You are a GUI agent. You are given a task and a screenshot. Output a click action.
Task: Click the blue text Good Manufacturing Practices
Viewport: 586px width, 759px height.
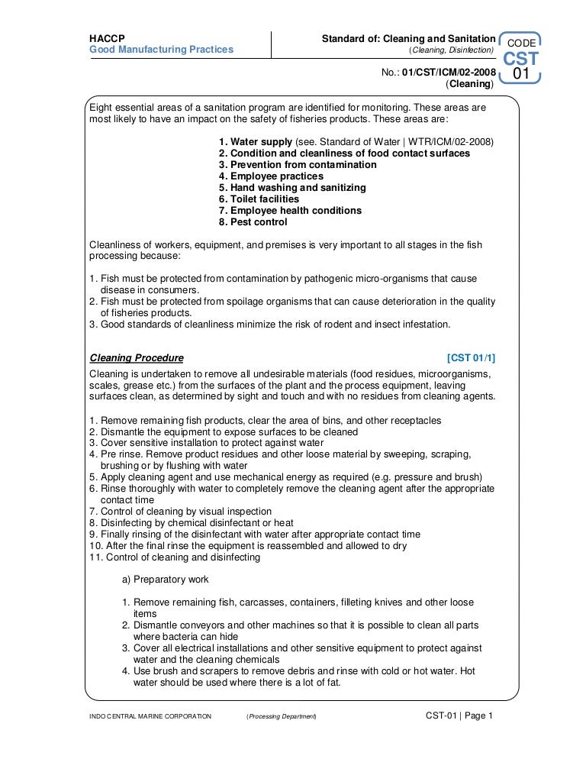(161, 50)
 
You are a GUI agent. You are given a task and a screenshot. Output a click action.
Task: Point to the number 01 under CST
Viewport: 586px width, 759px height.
(521, 74)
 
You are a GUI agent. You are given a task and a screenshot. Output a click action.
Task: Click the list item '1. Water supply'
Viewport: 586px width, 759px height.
(256, 142)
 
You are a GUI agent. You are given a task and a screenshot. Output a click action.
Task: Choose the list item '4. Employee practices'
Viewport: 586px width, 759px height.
(271, 176)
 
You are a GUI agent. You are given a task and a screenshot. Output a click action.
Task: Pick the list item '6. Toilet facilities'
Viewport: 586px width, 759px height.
(259, 199)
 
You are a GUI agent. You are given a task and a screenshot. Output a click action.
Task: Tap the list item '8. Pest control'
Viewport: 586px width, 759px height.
(253, 222)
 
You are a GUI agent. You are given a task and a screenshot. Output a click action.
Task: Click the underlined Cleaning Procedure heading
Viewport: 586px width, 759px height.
(137, 357)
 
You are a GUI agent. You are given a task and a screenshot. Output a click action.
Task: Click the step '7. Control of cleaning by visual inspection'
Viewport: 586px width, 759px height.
(180, 512)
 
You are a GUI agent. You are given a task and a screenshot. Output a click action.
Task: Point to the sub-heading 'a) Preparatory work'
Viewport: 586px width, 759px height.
(165, 580)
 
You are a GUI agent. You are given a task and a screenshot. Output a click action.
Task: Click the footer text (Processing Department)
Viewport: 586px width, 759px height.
(281, 716)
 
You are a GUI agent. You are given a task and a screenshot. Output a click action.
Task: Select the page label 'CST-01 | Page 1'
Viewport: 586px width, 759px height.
(459, 715)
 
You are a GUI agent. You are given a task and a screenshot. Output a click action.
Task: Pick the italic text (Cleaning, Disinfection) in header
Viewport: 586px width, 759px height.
(452, 50)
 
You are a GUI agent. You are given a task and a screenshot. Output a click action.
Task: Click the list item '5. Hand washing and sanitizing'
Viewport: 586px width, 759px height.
(292, 188)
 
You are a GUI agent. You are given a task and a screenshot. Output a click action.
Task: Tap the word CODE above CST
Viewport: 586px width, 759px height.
(521, 44)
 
